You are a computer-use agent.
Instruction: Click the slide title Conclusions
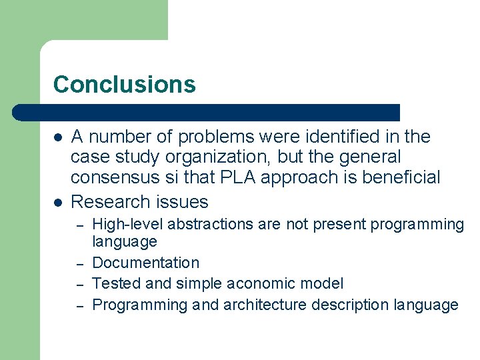(x=124, y=85)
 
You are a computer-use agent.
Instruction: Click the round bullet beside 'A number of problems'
(x=59, y=137)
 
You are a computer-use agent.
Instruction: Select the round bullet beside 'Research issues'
(x=59, y=202)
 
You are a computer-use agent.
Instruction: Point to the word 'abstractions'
(x=200, y=225)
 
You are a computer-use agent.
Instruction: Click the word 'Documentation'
(x=145, y=263)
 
